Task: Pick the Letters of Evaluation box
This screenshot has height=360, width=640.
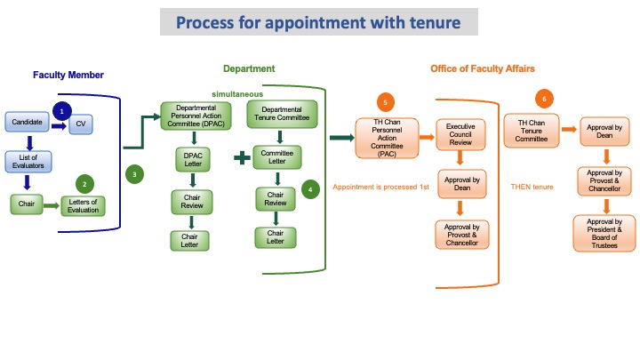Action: [84, 205]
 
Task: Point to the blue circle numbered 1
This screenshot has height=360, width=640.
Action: [60, 111]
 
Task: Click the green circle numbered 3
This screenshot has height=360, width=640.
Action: [134, 175]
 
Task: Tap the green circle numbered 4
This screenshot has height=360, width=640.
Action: [308, 189]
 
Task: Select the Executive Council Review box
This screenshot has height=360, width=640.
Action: [460, 134]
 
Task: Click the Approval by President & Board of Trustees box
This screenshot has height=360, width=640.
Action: [604, 232]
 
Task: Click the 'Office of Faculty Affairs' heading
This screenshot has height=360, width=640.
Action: [482, 68]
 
